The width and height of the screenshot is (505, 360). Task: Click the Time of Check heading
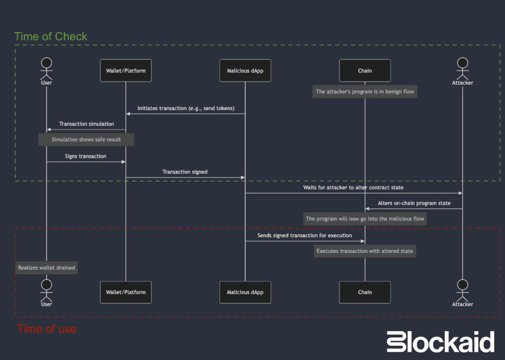pos(51,36)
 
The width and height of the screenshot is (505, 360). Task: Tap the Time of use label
pos(47,329)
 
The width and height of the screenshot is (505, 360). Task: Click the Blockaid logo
pos(440,342)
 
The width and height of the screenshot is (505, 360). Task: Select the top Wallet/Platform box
pos(126,71)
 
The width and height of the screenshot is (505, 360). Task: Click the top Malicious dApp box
pos(245,71)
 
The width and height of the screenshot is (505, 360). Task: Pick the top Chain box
pos(365,71)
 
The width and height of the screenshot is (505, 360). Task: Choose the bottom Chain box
pos(365,292)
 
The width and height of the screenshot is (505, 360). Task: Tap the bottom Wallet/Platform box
pos(126,292)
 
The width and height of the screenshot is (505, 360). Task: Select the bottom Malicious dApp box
pos(245,292)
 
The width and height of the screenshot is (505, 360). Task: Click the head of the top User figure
pos(47,63)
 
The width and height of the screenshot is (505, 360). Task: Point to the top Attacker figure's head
pos(462,63)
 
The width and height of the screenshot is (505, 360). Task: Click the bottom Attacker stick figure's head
pos(462,285)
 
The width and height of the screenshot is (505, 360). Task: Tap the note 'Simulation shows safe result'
pos(86,140)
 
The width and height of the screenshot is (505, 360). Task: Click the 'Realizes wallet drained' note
pos(47,268)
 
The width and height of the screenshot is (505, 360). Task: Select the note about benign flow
pos(365,92)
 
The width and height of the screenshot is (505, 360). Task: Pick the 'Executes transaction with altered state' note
pos(365,251)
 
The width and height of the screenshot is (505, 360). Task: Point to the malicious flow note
pos(365,219)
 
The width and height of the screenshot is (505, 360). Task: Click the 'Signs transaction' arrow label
pos(85,156)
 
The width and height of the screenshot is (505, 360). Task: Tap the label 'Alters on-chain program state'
pos(414,203)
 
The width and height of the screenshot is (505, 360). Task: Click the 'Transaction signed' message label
pos(185,172)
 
